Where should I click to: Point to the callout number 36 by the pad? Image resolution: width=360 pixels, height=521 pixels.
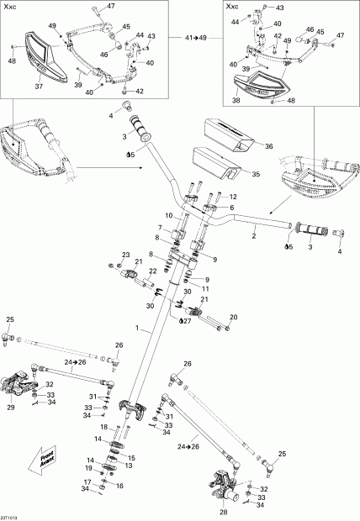click(269, 145)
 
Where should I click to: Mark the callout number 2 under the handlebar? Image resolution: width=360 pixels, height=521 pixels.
click(254, 238)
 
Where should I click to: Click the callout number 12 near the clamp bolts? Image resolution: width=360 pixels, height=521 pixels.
click(233, 197)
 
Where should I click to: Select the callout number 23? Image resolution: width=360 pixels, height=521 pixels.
click(125, 255)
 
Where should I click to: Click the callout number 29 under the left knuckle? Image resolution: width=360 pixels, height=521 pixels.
click(11, 407)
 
